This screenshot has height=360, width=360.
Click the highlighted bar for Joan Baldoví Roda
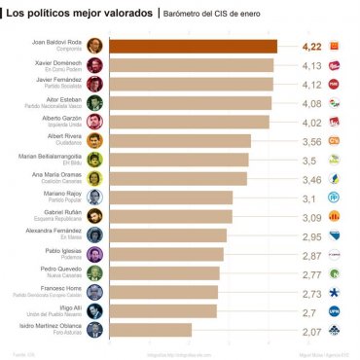[192, 46]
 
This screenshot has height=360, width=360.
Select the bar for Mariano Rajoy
[169, 198]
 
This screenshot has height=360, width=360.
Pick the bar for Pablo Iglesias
[165, 254]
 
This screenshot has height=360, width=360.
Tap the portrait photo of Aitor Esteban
[94, 102]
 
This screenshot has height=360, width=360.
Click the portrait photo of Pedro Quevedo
[94, 273]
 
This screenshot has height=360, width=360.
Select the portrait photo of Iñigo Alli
[94, 311]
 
